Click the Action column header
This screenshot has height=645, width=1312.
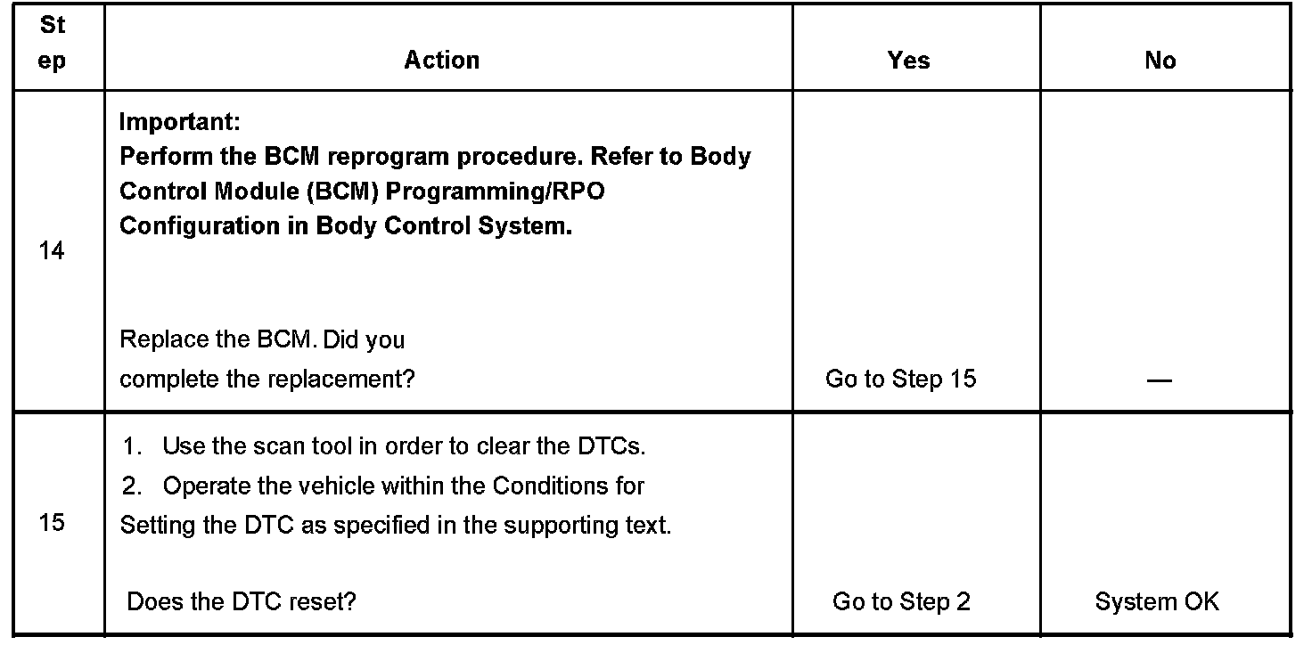pyautogui.click(x=442, y=60)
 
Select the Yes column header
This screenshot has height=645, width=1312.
pyautogui.click(x=908, y=60)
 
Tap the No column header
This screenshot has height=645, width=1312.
pyautogui.click(x=1160, y=60)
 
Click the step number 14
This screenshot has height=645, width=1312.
pyautogui.click(x=53, y=251)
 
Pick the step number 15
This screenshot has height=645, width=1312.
pyautogui.click(x=53, y=522)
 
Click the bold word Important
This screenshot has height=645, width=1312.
pyautogui.click(x=177, y=121)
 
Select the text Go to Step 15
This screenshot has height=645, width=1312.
pyautogui.click(x=901, y=380)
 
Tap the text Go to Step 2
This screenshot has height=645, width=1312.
pyautogui.click(x=901, y=602)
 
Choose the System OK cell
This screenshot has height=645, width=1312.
pyautogui.click(x=1157, y=602)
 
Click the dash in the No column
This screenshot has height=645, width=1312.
pyautogui.click(x=1159, y=380)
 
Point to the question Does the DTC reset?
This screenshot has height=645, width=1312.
pyautogui.click(x=242, y=602)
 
